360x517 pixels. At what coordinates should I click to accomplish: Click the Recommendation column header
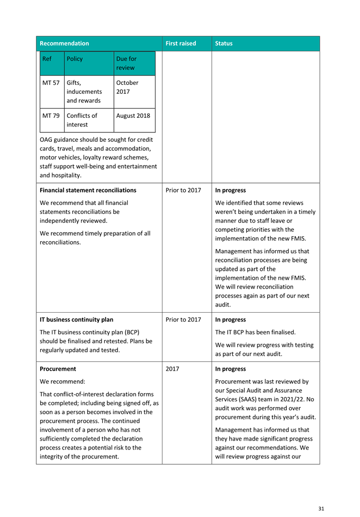pyautogui.click(x=64, y=44)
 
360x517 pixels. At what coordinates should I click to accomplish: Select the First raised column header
pyautogui.click(x=181, y=44)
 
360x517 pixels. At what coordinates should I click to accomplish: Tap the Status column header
pyautogui.click(x=224, y=44)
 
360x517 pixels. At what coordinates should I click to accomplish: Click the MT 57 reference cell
pyautogui.click(x=51, y=83)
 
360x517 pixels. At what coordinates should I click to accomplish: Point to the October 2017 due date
pyautogui.click(x=127, y=87)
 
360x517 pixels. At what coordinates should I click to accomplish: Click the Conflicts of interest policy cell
pyautogui.click(x=81, y=120)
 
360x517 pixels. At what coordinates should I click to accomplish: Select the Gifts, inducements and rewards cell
pyautogui.click(x=84, y=92)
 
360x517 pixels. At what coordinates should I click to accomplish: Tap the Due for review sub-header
pyautogui.click(x=126, y=63)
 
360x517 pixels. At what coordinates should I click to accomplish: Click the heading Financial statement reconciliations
pyautogui.click(x=88, y=190)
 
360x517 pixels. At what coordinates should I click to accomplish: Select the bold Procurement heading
pyautogui.click(x=58, y=369)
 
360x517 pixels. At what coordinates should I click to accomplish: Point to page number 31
pyautogui.click(x=321, y=509)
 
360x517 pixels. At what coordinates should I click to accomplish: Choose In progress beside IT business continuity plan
pyautogui.click(x=230, y=320)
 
